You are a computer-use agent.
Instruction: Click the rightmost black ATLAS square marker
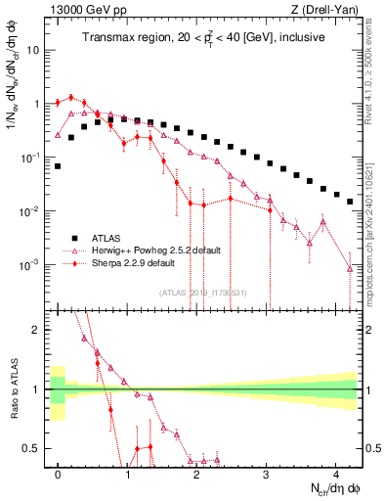click(x=350, y=202)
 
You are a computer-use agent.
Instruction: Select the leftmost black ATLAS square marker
click(x=59, y=166)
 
